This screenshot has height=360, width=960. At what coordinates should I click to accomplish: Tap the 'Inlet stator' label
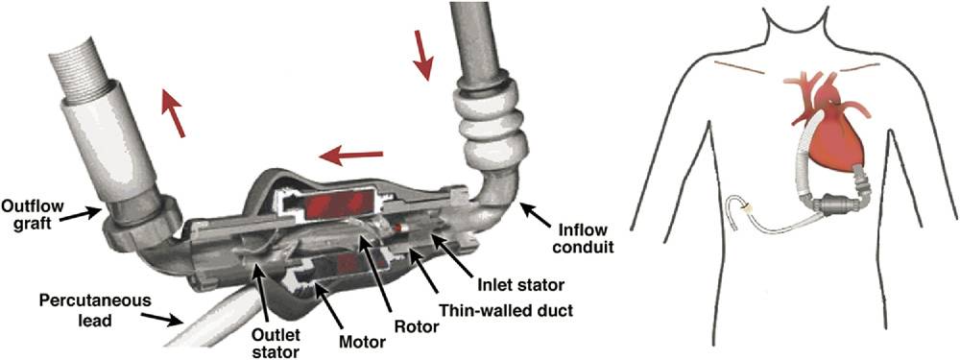pos(519,285)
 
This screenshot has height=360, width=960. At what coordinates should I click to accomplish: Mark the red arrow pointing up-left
pos(174,111)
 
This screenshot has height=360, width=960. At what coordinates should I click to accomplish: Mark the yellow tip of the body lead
pos(745,207)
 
